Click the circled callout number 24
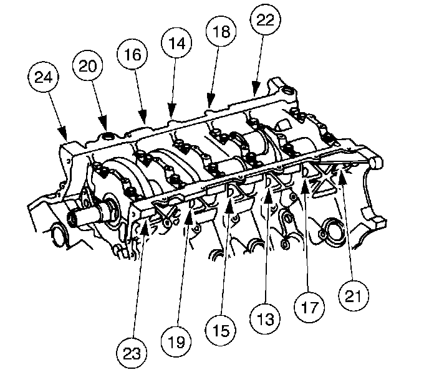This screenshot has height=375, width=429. coord(44,77)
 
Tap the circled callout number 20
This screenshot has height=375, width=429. coord(87,65)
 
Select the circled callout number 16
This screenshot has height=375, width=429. coord(133,54)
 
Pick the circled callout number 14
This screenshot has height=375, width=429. coord(176,43)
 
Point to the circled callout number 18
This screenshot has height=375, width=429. coord(221,31)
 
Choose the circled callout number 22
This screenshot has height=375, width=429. coord(266,20)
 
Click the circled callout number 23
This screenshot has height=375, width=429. coord(132,353)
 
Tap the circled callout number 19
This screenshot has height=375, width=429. coord(176,341)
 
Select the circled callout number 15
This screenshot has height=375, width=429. coord(221,330)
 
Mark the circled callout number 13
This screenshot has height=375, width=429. coord(265,319)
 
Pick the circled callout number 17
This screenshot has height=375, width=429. coord(309,307)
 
